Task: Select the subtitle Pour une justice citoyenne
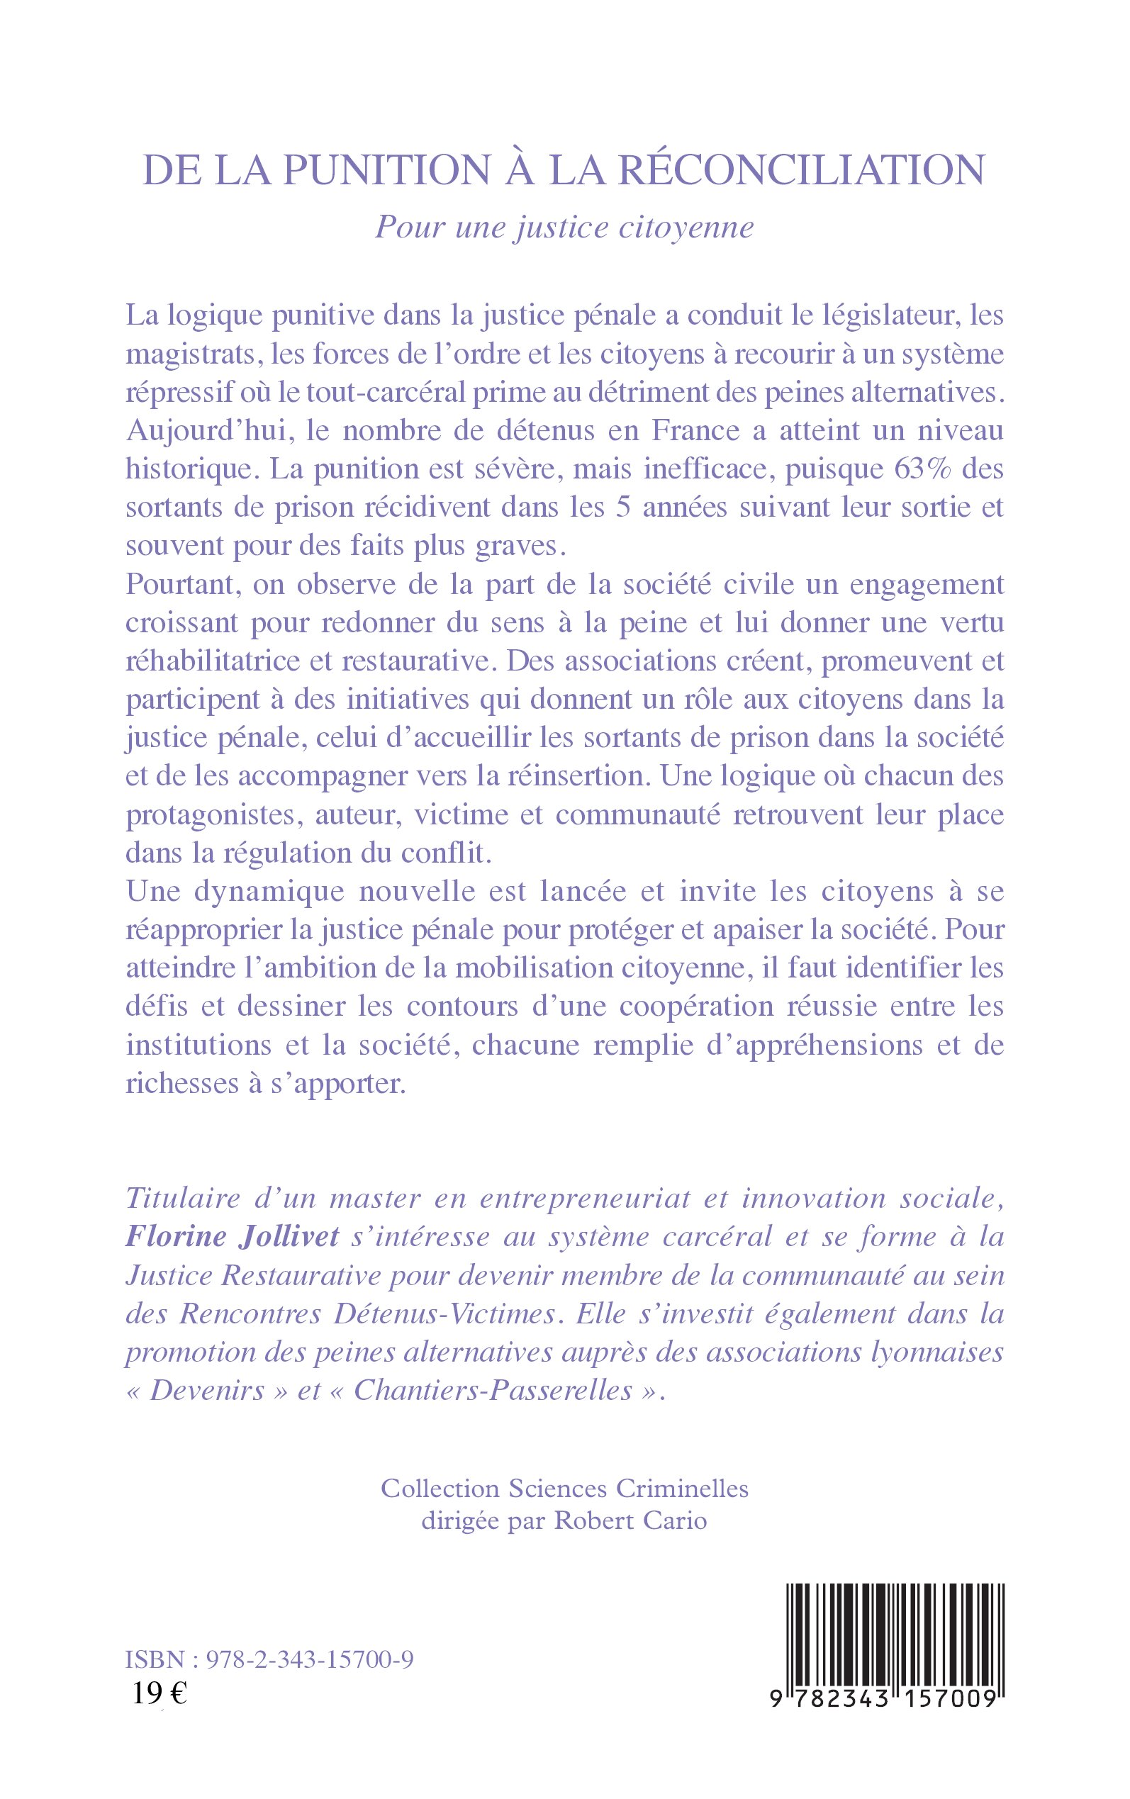point(564,227)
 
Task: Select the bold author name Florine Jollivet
point(233,1236)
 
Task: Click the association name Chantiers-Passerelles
point(493,1390)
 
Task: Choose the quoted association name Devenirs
point(208,1390)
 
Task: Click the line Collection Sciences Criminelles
point(564,1489)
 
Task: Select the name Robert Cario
point(630,1521)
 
